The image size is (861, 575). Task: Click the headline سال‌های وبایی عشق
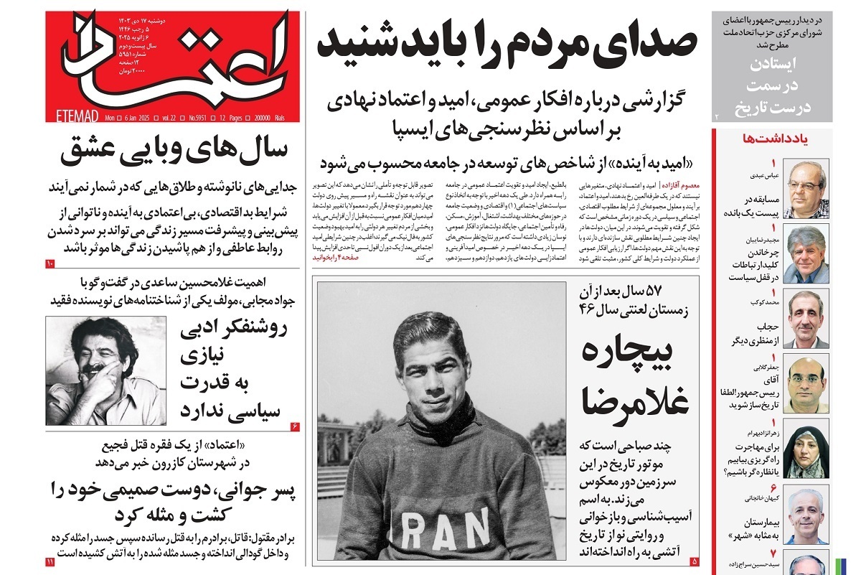coord(174,150)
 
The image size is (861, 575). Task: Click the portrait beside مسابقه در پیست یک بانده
coord(808,189)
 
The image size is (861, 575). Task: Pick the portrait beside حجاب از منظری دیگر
coord(808,318)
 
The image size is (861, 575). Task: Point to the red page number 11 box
coord(49,561)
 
